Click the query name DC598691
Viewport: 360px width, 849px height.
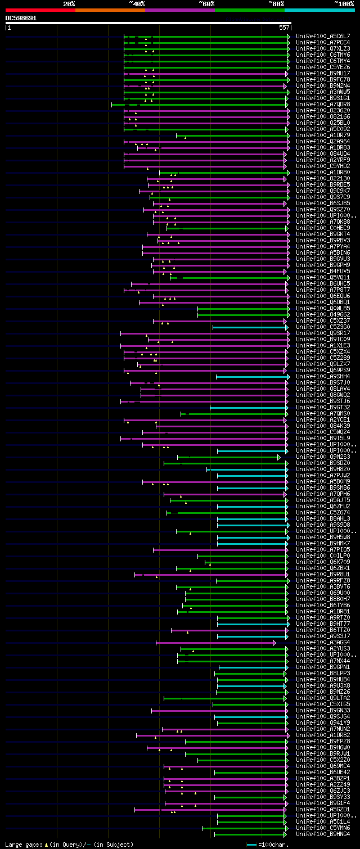[x=21, y=18]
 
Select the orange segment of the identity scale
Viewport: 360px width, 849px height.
[x=110, y=10]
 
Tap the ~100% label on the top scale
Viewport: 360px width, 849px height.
[x=344, y=4]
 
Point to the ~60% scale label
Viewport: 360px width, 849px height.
[x=206, y=4]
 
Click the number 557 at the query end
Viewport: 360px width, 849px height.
[x=284, y=27]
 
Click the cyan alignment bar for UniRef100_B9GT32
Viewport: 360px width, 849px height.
[x=247, y=408]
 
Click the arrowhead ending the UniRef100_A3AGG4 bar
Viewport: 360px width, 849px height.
[x=274, y=643]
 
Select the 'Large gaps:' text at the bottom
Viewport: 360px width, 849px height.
[x=22, y=845]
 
